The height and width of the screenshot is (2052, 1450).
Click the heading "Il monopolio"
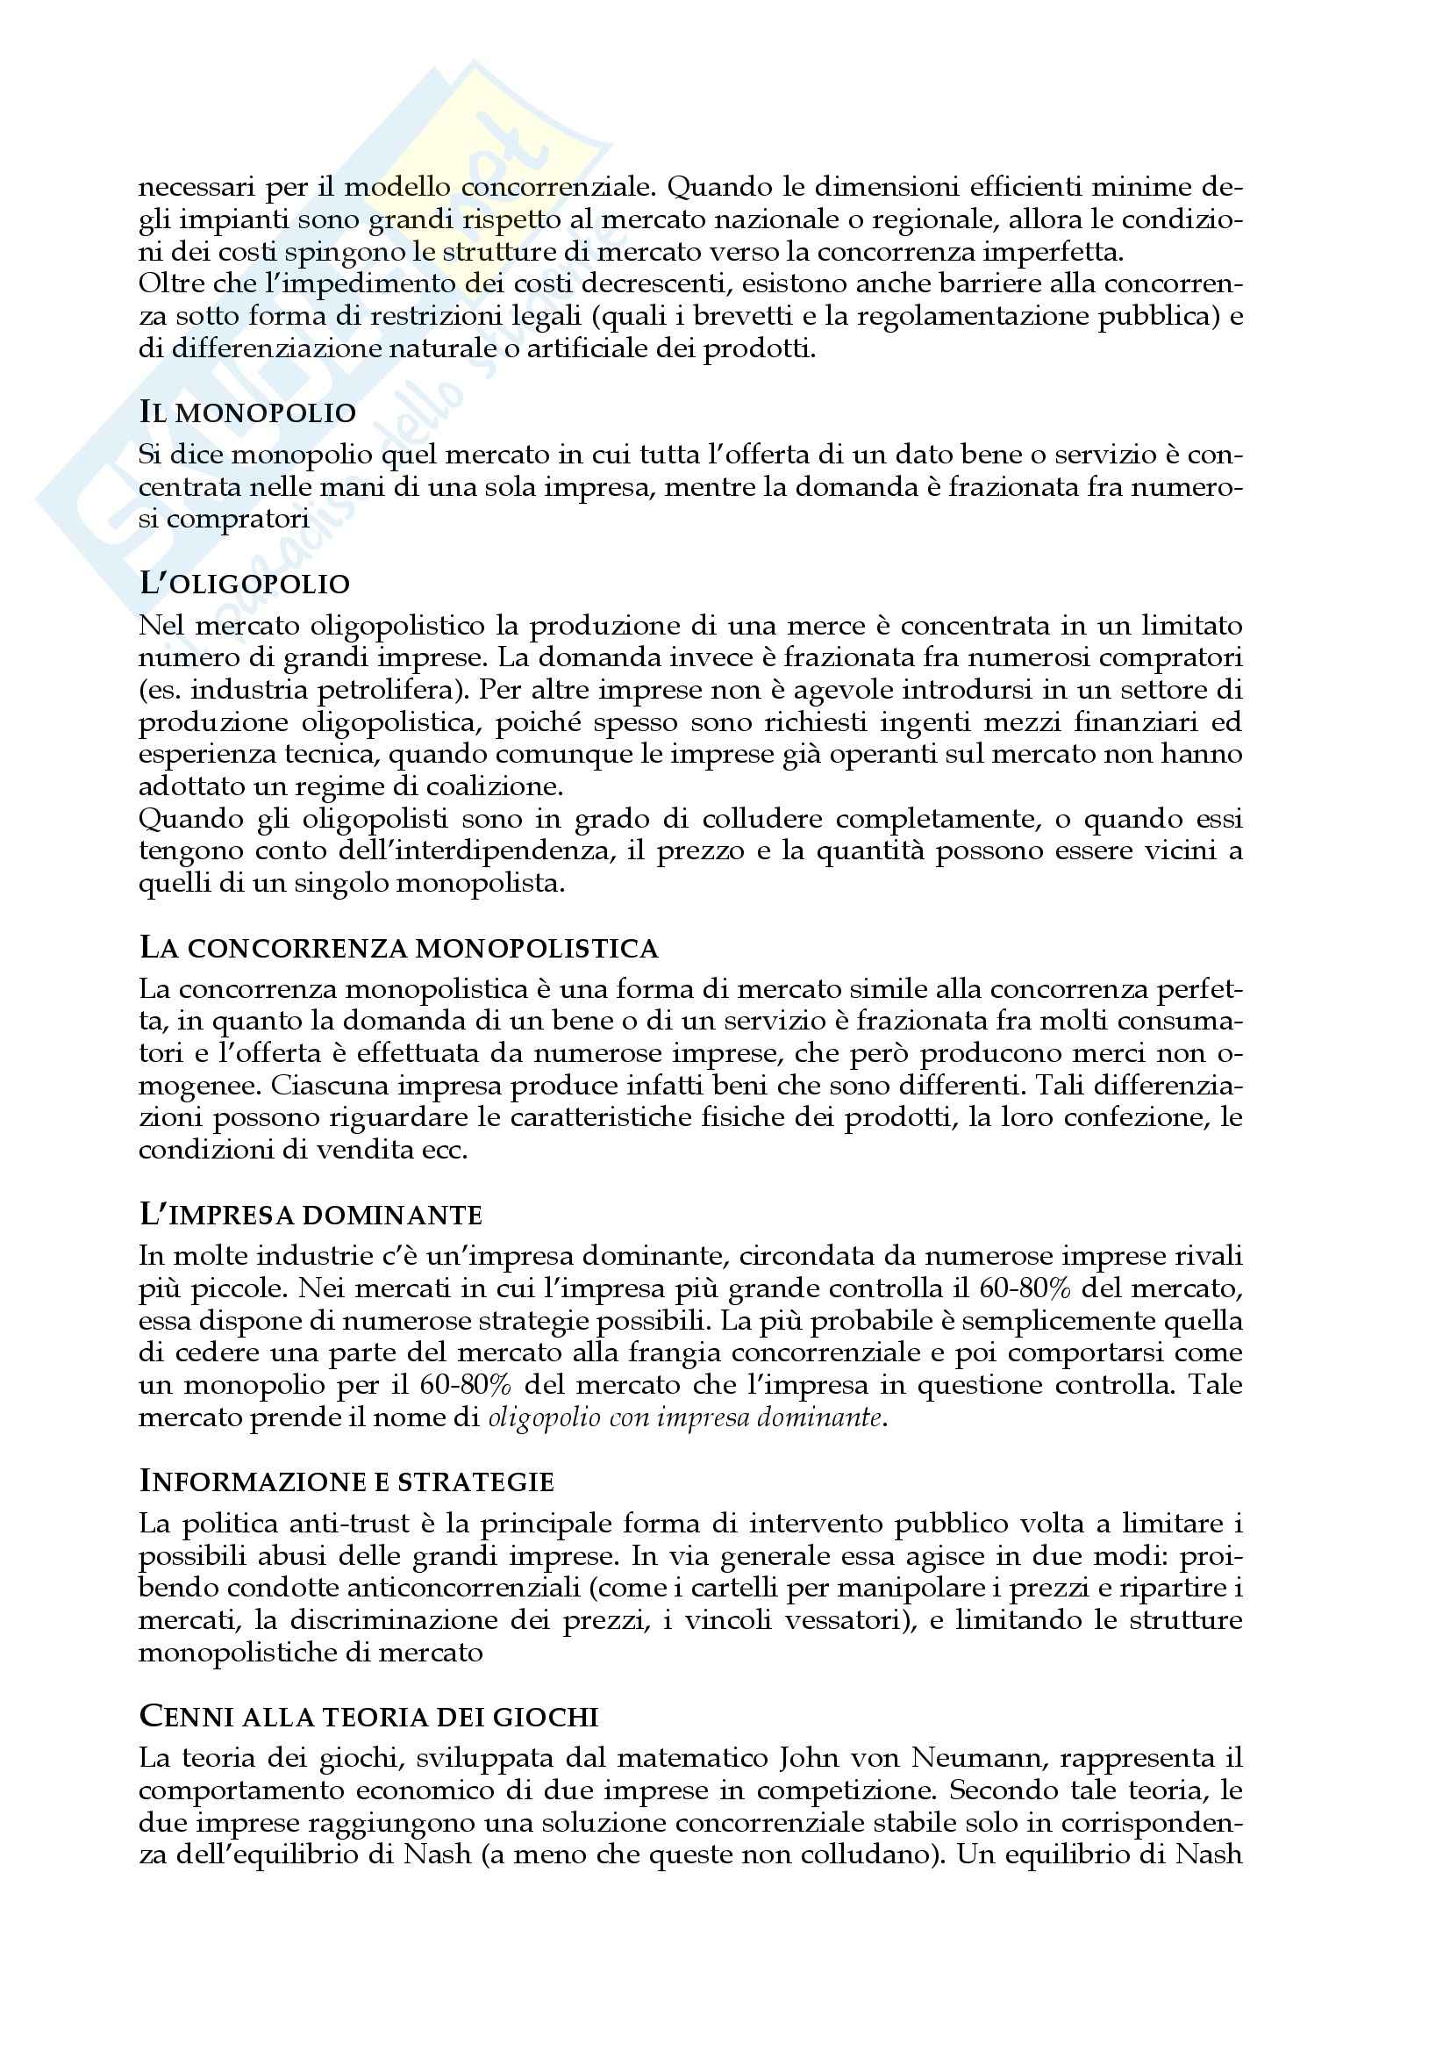247,413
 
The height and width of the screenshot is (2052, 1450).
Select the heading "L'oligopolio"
244,584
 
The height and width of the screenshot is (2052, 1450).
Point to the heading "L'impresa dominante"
310,1215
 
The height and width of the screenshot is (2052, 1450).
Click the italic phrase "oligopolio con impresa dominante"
684,1418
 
